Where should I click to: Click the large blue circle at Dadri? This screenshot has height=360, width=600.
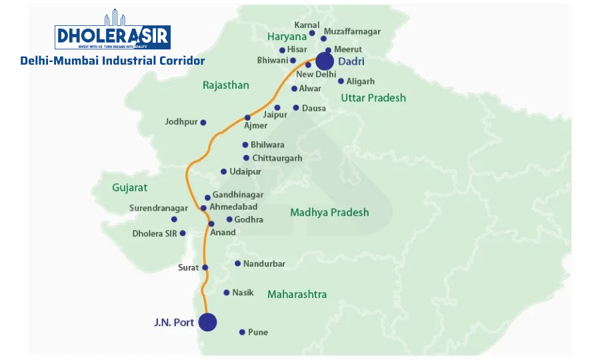pyautogui.click(x=325, y=61)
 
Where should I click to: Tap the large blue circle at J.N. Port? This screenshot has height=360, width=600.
pyautogui.click(x=208, y=322)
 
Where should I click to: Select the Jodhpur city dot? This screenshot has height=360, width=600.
pyautogui.click(x=203, y=122)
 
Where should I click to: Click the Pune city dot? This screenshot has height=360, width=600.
pyautogui.click(x=242, y=332)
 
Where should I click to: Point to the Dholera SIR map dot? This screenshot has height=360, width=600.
pyautogui.click(x=183, y=233)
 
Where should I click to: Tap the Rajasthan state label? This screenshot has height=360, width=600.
pyautogui.click(x=226, y=85)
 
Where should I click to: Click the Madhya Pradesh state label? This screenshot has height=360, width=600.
pyautogui.click(x=329, y=213)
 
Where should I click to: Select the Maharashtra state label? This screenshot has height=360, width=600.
pyautogui.click(x=297, y=294)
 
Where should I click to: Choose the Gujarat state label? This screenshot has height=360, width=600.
pyautogui.click(x=130, y=187)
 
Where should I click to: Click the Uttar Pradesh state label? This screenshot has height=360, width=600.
pyautogui.click(x=373, y=98)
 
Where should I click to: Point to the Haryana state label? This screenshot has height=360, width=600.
pyautogui.click(x=287, y=37)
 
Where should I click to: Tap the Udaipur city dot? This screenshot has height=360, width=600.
pyautogui.click(x=223, y=171)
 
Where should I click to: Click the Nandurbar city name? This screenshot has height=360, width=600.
pyautogui.click(x=264, y=264)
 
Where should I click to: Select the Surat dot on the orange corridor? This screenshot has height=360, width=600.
pyautogui.click(x=205, y=268)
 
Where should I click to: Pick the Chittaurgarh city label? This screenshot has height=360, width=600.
pyautogui.click(x=277, y=159)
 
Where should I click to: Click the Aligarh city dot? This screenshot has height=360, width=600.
pyautogui.click(x=341, y=81)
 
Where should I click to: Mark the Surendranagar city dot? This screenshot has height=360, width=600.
pyautogui.click(x=174, y=219)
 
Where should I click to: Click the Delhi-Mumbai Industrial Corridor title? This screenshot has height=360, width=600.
pyautogui.click(x=113, y=61)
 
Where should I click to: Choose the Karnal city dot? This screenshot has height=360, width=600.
pyautogui.click(x=312, y=33)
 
